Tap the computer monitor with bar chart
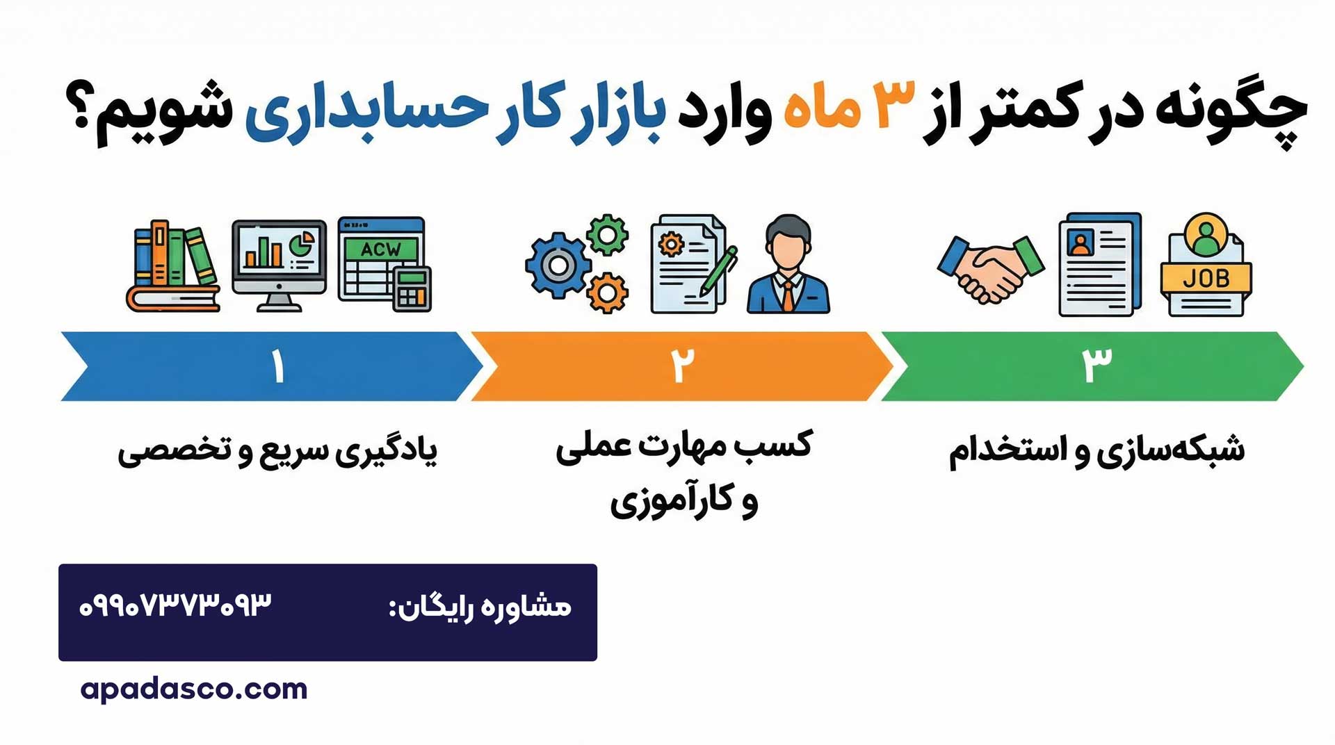[x=279, y=265]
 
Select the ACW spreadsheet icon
[x=384, y=263]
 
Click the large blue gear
[x=557, y=265]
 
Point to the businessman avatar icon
[x=788, y=265]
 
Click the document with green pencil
[x=693, y=265]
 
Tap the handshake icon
[x=990, y=268]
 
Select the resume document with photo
[x=1099, y=265]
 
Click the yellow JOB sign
[x=1206, y=278]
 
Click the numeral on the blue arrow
[x=278, y=366]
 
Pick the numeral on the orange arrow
[x=683, y=365]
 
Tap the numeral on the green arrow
[x=1097, y=365]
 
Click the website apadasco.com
[x=193, y=689]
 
